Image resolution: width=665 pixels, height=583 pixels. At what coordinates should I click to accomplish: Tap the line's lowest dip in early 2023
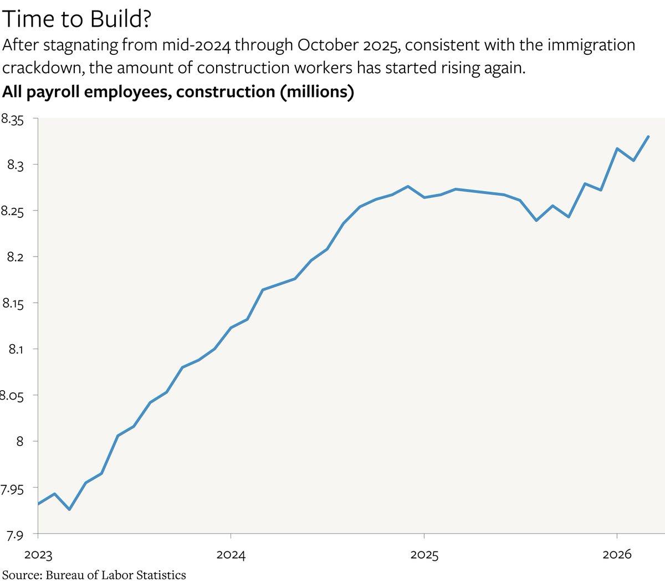coord(69,509)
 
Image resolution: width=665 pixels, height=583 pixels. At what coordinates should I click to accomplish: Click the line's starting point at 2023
coord(38,504)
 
